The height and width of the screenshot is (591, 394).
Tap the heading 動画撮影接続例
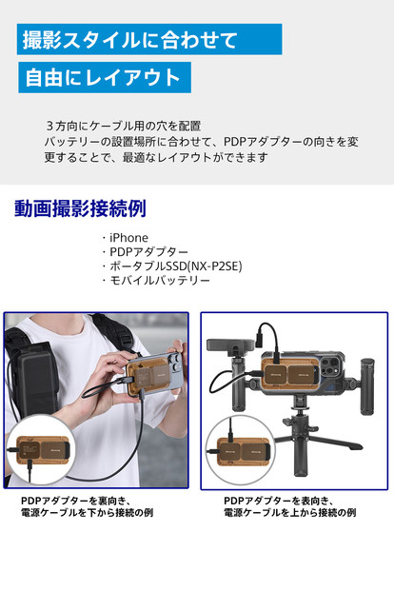point(80,208)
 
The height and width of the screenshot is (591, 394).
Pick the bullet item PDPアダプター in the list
point(143,251)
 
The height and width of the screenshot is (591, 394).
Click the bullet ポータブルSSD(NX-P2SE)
point(170,266)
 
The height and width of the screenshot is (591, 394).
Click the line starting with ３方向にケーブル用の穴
point(123,126)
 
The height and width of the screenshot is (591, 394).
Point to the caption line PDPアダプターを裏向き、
point(75,500)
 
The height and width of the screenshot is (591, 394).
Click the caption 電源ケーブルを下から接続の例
point(87,513)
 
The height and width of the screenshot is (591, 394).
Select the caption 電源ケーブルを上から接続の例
point(290,513)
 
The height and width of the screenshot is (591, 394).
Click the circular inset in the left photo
point(38,453)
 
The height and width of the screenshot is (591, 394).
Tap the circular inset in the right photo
point(242,453)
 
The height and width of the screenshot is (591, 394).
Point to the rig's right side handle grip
point(362,385)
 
